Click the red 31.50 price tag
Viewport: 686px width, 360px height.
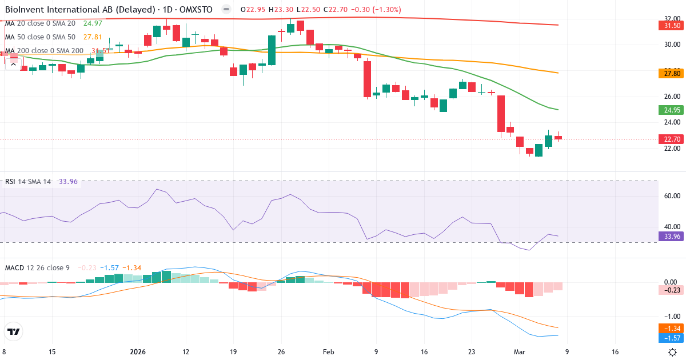pyautogui.click(x=672, y=26)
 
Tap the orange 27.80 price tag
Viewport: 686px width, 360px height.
pyautogui.click(x=672, y=73)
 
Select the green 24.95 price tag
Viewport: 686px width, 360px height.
pyautogui.click(x=672, y=110)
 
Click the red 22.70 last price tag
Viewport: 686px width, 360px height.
pyautogui.click(x=672, y=139)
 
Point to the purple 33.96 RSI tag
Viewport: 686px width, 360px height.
pyautogui.click(x=672, y=236)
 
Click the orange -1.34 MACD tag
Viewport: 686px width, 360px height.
pyautogui.click(x=672, y=328)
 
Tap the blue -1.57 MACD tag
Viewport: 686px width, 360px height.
pyautogui.click(x=672, y=338)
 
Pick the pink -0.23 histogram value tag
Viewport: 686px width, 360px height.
pyautogui.click(x=672, y=290)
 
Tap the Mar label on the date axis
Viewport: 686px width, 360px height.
pyautogui.click(x=519, y=352)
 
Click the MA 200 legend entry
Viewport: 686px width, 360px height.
pyautogui.click(x=43, y=51)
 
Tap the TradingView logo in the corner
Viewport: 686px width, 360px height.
pyautogui.click(x=14, y=331)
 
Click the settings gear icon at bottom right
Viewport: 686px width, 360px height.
pyautogui.click(x=673, y=352)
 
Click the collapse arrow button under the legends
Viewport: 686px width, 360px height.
pyautogui.click(x=13, y=64)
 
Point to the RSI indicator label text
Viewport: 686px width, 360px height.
pyautogui.click(x=10, y=182)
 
